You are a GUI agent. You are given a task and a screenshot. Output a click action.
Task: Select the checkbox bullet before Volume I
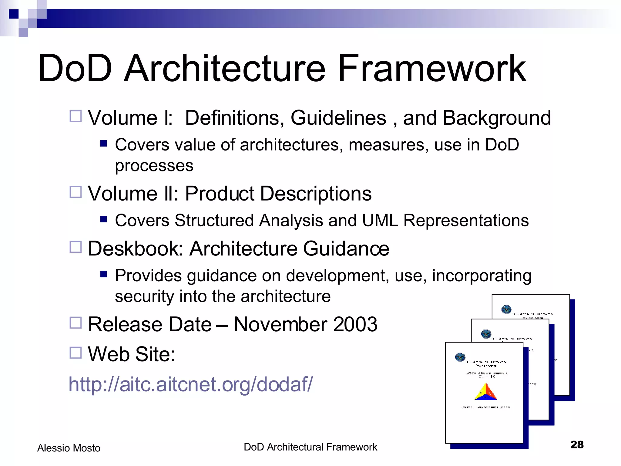click(76, 116)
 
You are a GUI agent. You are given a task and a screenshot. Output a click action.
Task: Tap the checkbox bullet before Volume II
click(76, 192)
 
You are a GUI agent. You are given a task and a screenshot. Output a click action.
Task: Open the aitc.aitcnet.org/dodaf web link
click(190, 384)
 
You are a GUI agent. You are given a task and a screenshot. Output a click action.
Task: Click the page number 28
click(577, 444)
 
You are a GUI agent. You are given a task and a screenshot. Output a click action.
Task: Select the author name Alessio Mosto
click(69, 448)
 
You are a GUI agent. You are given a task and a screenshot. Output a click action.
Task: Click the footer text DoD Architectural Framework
click(310, 447)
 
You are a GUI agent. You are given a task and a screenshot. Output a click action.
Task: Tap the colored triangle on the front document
click(486, 392)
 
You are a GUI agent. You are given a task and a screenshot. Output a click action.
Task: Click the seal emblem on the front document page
click(460, 357)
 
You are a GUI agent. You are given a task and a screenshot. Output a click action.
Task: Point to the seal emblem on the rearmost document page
click(506, 309)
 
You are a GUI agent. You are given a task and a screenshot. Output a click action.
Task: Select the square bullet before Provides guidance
click(104, 274)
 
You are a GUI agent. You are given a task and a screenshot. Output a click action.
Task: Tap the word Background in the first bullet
click(497, 118)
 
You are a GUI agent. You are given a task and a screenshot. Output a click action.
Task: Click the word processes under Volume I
click(154, 166)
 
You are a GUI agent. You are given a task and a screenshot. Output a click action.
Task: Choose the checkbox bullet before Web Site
click(76, 353)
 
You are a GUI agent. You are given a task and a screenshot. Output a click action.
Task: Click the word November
click(280, 324)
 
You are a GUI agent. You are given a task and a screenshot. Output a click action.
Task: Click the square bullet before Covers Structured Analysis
click(104, 219)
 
